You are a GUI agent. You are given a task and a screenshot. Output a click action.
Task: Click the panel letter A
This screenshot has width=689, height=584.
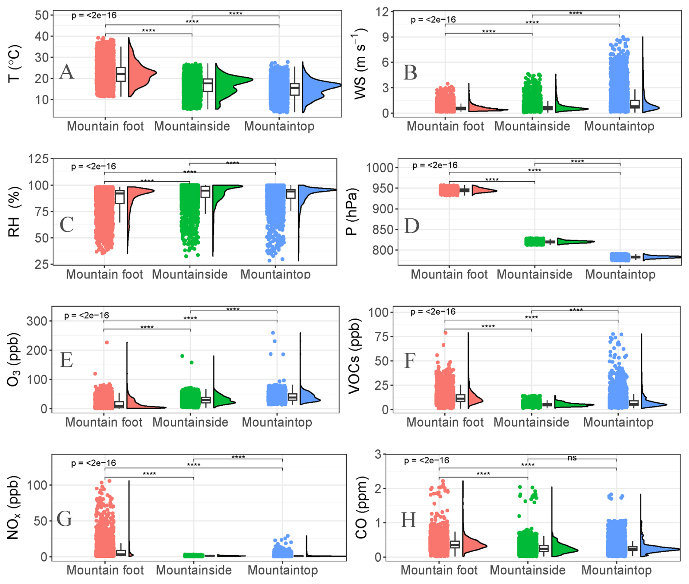click(67, 72)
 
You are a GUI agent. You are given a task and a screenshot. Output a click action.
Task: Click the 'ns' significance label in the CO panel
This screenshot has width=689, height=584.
click(572, 458)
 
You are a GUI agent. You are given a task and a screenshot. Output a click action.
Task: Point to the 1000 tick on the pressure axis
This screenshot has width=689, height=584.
click(380, 168)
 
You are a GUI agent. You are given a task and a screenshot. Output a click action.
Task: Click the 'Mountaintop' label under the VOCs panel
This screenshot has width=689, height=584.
click(618, 422)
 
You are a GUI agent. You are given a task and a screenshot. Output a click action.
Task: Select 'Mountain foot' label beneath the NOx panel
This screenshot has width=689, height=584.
click(105, 570)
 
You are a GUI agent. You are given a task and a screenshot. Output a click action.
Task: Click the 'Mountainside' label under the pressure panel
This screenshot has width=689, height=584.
click(534, 274)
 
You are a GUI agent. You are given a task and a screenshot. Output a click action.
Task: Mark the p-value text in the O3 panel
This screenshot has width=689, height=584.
click(86, 315)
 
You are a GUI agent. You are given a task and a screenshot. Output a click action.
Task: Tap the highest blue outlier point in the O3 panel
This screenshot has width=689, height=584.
click(273, 333)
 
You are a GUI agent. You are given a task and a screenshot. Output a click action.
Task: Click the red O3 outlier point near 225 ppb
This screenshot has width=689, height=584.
click(107, 343)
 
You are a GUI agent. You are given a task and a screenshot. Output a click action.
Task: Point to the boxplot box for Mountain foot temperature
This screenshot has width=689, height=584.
click(121, 74)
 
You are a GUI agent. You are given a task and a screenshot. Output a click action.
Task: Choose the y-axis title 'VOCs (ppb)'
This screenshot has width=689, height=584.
click(354, 356)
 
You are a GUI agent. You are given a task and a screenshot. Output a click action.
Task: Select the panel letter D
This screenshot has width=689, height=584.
click(412, 226)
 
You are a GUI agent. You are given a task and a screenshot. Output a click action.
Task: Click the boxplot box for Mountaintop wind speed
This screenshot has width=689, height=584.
click(635, 104)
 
